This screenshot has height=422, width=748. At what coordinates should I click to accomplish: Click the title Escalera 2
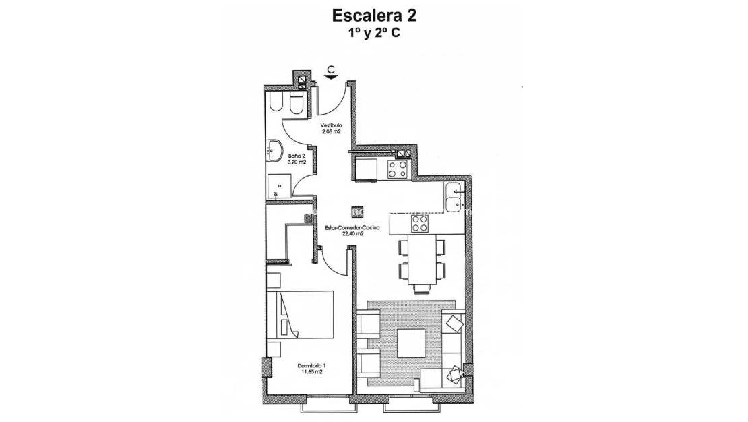tap(373, 15)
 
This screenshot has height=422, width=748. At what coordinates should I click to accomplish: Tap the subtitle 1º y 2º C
tap(373, 32)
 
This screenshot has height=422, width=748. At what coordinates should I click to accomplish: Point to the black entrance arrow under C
tap(331, 76)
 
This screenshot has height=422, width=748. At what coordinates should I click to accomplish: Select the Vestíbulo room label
tap(331, 125)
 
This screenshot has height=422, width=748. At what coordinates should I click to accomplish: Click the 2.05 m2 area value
tap(331, 131)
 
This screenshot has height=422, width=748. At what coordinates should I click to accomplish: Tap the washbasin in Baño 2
tap(275, 150)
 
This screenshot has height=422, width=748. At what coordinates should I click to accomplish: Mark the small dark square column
tap(358, 212)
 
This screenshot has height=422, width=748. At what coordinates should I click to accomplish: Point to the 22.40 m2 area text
tap(352, 235)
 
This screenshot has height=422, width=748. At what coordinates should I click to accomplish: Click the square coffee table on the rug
tap(410, 342)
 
